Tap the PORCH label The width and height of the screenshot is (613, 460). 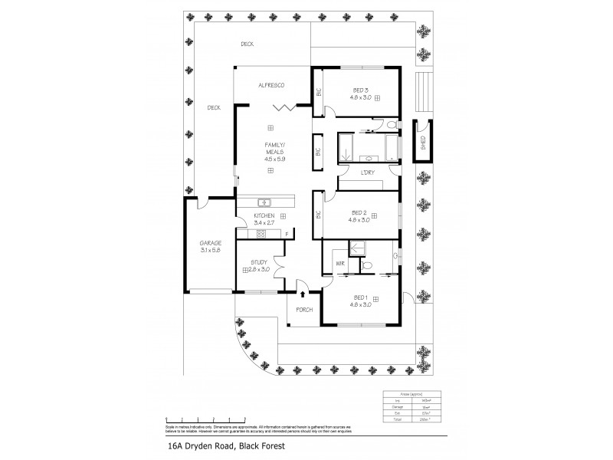click(x=304, y=310)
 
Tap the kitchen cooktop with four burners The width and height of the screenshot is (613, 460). click(x=261, y=234)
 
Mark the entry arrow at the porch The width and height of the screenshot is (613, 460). click(x=304, y=293)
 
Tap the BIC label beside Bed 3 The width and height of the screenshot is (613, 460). click(x=318, y=92)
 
